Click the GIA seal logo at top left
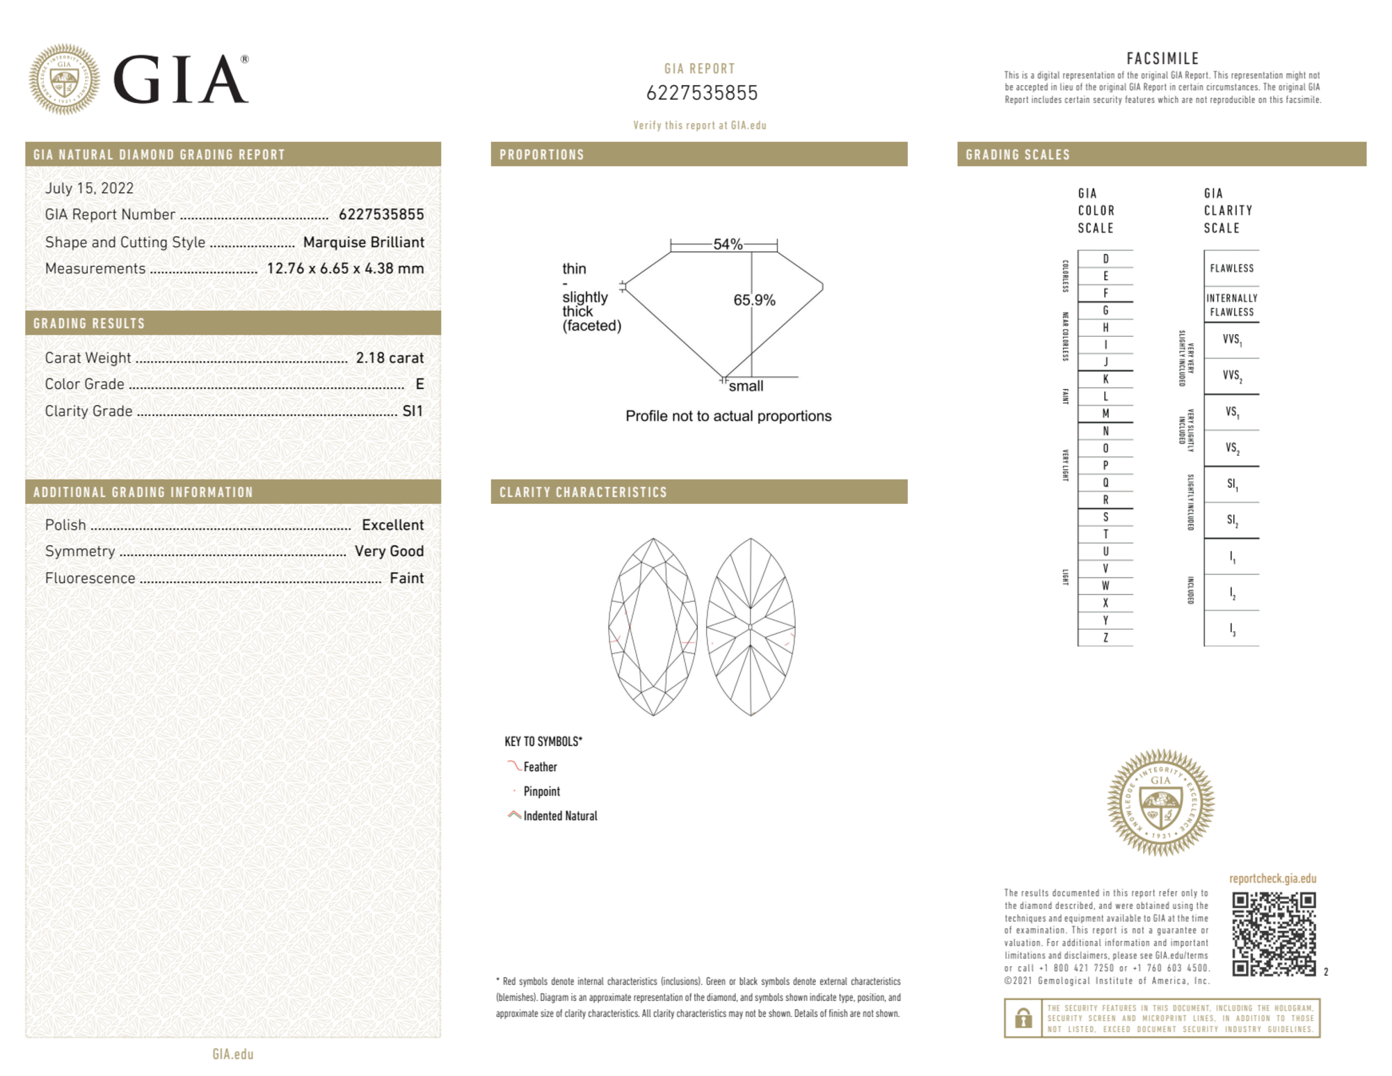64,79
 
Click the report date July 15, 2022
89,189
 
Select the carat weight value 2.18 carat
390,358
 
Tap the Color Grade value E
419,384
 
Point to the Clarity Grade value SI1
413,411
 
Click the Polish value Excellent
392,525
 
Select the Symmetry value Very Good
389,551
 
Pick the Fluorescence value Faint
406,578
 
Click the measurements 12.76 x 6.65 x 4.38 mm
345,269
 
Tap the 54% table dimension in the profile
728,244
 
